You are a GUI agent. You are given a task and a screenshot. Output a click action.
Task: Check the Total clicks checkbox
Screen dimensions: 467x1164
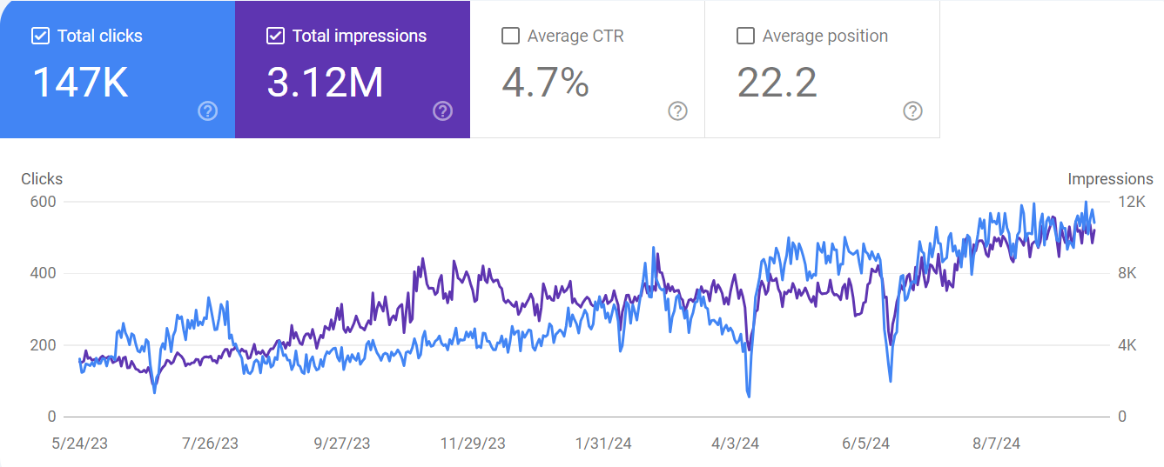coord(40,36)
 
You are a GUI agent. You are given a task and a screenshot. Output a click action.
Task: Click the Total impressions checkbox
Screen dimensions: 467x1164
coord(275,36)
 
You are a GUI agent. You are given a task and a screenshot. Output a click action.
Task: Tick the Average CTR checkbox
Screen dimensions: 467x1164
coord(511,36)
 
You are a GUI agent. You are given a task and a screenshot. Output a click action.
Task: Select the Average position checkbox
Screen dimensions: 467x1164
coord(745,36)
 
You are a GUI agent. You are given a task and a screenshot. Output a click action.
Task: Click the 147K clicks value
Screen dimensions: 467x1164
coord(81,83)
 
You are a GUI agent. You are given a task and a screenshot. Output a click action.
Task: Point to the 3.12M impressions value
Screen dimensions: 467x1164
coord(325,83)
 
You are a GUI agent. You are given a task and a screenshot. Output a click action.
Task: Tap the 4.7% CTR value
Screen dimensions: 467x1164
coord(545,83)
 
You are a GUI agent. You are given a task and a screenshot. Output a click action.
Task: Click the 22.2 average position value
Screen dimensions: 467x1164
coord(777,83)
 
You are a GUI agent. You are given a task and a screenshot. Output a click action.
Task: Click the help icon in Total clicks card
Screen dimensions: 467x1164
coord(207,110)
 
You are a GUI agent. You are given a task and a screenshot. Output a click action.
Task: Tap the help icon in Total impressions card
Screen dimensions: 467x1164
coord(442,110)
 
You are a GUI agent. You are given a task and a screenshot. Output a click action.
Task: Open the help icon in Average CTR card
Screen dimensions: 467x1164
coord(677,110)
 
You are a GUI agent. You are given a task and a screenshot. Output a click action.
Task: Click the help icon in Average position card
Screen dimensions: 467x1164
coord(912,110)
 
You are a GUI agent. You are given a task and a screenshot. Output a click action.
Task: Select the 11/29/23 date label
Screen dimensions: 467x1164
coord(473,444)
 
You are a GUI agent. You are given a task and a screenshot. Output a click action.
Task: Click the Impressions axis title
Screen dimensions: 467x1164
coord(1110,179)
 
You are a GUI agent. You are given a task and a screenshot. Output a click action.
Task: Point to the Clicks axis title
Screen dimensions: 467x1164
coord(42,179)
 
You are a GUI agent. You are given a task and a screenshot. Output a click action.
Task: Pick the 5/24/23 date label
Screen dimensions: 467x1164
coord(80,444)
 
